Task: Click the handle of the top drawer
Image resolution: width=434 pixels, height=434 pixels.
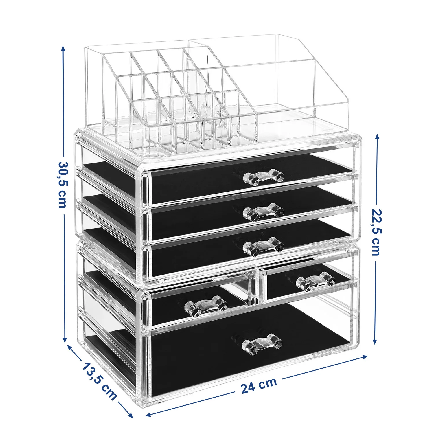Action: coord(263,177)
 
